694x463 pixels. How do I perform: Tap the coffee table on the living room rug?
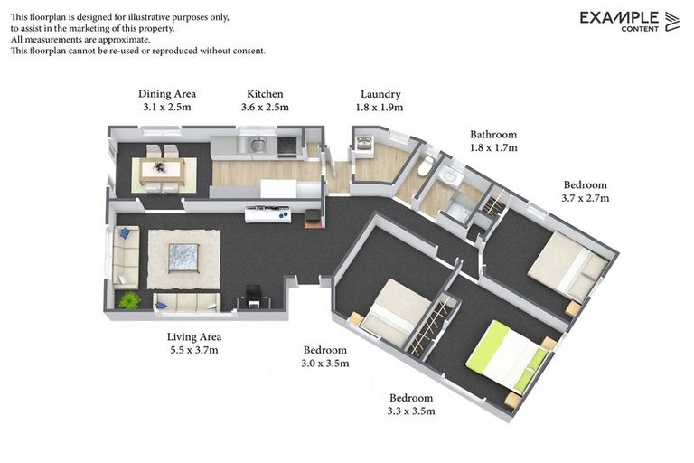click(x=184, y=258)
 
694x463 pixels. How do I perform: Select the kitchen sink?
click(x=258, y=144)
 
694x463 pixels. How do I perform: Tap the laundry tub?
click(x=365, y=144)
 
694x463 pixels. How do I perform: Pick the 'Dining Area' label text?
click(x=167, y=94)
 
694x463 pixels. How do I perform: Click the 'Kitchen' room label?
click(x=265, y=94)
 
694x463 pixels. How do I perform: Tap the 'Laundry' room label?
click(x=380, y=94)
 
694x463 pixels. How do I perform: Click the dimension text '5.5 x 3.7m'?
click(x=193, y=350)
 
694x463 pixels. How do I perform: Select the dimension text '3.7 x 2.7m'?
click(x=586, y=198)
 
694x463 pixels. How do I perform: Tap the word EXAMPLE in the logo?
click(x=619, y=17)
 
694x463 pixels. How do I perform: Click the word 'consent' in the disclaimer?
click(x=246, y=52)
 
